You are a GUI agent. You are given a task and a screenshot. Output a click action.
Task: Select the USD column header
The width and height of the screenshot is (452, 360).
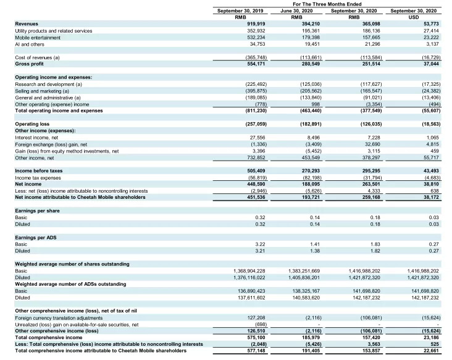pyautogui.click(x=414, y=17)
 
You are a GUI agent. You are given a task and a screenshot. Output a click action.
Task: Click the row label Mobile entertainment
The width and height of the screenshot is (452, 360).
pyautogui.click(x=39, y=37)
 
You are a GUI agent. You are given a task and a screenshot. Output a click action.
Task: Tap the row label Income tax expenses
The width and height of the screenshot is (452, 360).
pyautogui.click(x=39, y=177)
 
